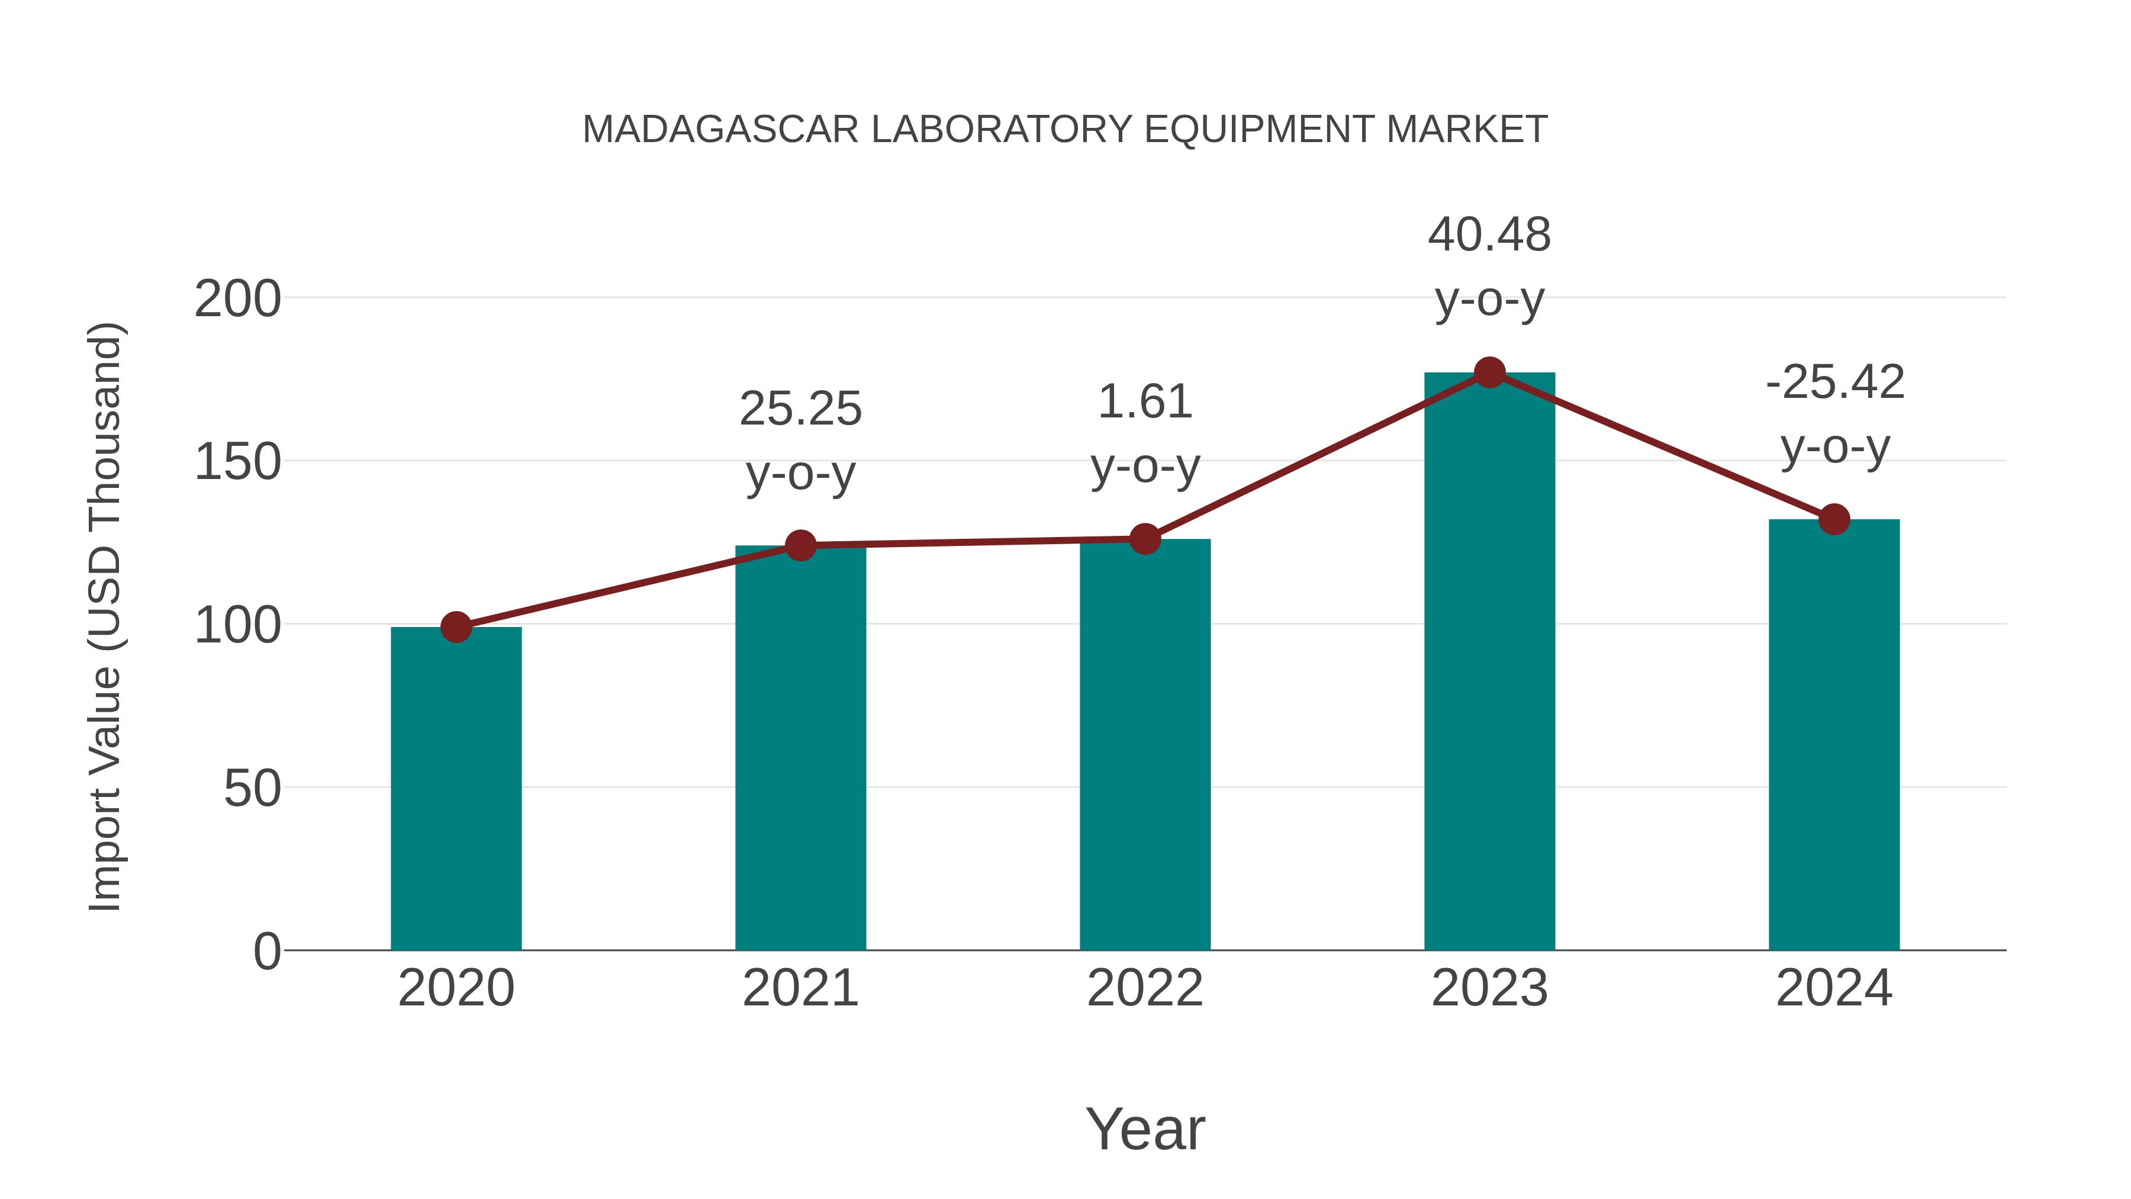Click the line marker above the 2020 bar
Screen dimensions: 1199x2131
456,627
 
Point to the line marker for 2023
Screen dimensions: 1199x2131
1489,373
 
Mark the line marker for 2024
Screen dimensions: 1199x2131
1834,520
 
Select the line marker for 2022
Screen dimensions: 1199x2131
1145,539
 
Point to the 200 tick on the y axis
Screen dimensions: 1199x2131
237,299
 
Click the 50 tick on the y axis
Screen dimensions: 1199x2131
252,789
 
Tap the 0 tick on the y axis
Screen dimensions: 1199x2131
266,952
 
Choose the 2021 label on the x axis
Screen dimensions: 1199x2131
800,988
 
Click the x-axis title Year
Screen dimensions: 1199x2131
1145,1129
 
